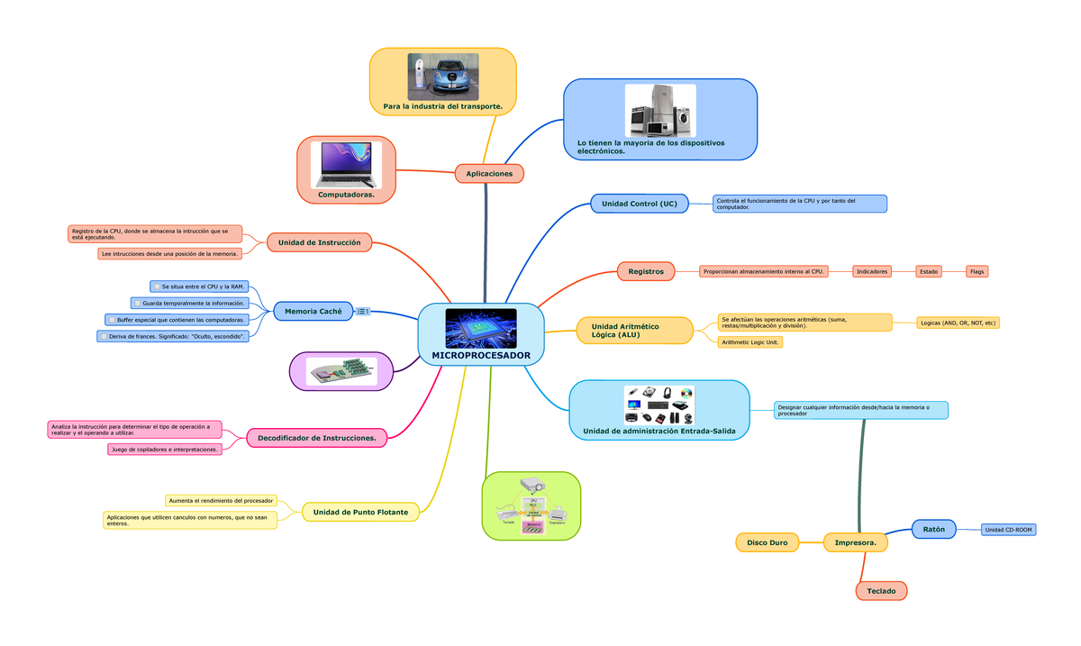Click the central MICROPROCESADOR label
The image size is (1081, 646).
tap(481, 355)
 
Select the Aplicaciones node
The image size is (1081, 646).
tap(489, 173)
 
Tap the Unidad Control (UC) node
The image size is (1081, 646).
tap(639, 204)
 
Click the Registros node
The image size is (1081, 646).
tap(646, 271)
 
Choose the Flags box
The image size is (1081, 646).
tap(977, 271)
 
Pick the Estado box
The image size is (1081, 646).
tap(928, 271)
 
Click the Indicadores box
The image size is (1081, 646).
tap(871, 271)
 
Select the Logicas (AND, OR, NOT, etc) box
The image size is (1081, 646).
tap(958, 323)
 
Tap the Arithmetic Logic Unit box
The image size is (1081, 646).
tap(750, 342)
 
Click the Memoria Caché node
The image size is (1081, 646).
tap(313, 312)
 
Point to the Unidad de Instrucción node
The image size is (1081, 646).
tap(319, 242)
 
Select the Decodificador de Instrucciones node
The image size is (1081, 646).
tap(317, 438)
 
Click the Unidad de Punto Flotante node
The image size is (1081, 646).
tap(360, 512)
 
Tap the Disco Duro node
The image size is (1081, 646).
tap(767, 542)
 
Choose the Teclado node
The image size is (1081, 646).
tap(881, 591)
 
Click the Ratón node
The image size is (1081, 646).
tap(933, 530)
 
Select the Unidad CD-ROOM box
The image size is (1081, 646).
tap(1008, 530)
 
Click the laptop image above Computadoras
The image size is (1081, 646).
tap(346, 164)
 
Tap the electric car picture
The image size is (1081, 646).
tap(442, 76)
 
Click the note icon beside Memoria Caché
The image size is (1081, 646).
tap(363, 312)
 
